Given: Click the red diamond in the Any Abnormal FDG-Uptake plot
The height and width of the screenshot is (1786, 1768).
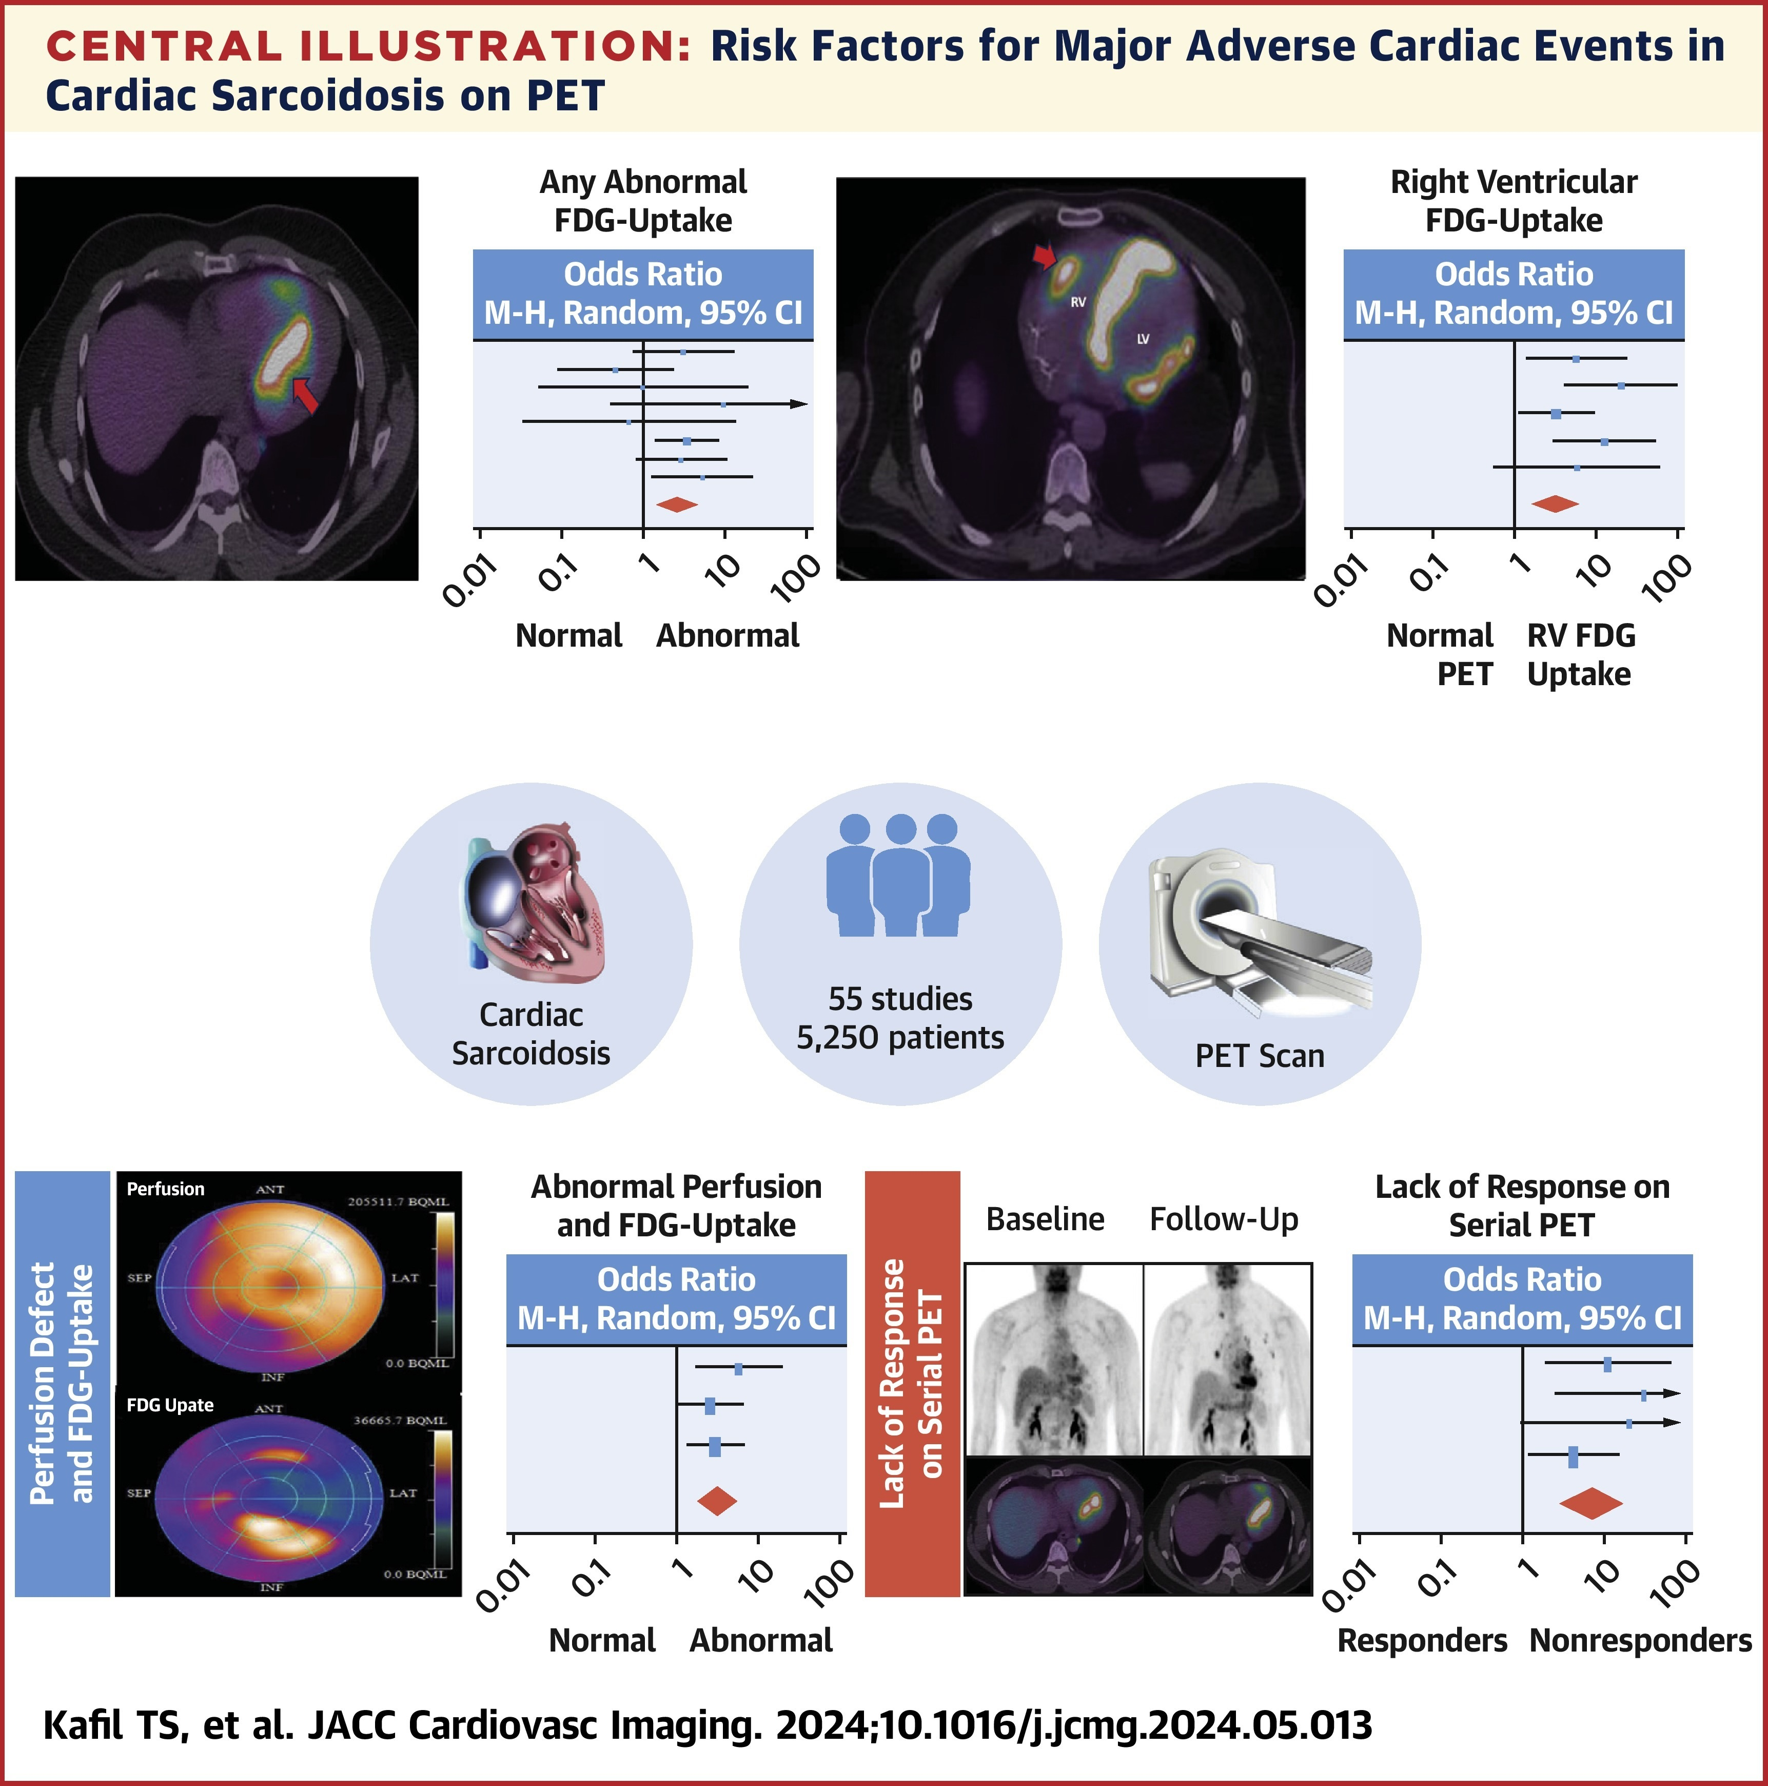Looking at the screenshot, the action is [x=677, y=504].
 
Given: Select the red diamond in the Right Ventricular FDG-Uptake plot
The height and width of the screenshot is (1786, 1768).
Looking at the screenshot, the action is [x=1556, y=504].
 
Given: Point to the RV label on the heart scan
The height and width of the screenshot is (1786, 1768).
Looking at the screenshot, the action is [x=1077, y=301].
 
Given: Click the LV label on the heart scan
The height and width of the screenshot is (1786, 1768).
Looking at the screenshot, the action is [x=1142, y=339].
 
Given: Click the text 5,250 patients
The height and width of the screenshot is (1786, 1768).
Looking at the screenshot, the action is [x=900, y=1037].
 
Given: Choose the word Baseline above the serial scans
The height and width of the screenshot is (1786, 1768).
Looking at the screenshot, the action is [x=1045, y=1219].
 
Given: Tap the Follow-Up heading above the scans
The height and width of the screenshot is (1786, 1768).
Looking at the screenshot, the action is [x=1224, y=1219].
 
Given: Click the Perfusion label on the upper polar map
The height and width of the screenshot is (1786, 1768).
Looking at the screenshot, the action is [x=165, y=1189].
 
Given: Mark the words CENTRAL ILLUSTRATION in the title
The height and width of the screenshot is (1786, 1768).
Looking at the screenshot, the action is [x=368, y=46].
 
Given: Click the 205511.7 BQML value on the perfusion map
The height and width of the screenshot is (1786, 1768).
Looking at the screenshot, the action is [x=398, y=1202].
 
